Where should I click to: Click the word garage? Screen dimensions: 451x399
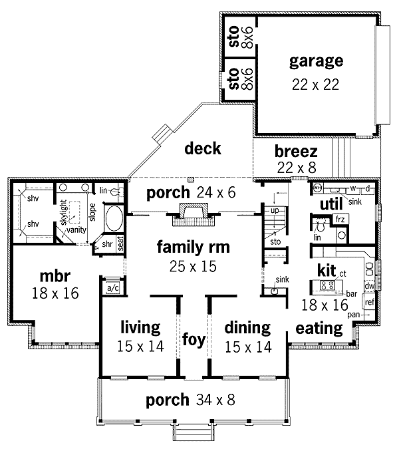[x=316, y=62]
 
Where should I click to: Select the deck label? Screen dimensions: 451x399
[x=203, y=148]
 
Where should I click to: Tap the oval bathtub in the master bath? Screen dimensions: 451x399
[x=113, y=218]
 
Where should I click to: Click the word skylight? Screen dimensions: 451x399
[x=66, y=214]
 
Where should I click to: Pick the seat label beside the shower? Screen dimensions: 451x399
[x=120, y=244]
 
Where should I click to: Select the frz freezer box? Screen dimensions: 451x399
[x=339, y=219]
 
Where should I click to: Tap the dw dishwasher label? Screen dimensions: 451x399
[x=370, y=286]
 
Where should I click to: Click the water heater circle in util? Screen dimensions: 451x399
[x=317, y=188]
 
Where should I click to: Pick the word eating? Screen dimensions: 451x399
[x=319, y=328]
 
